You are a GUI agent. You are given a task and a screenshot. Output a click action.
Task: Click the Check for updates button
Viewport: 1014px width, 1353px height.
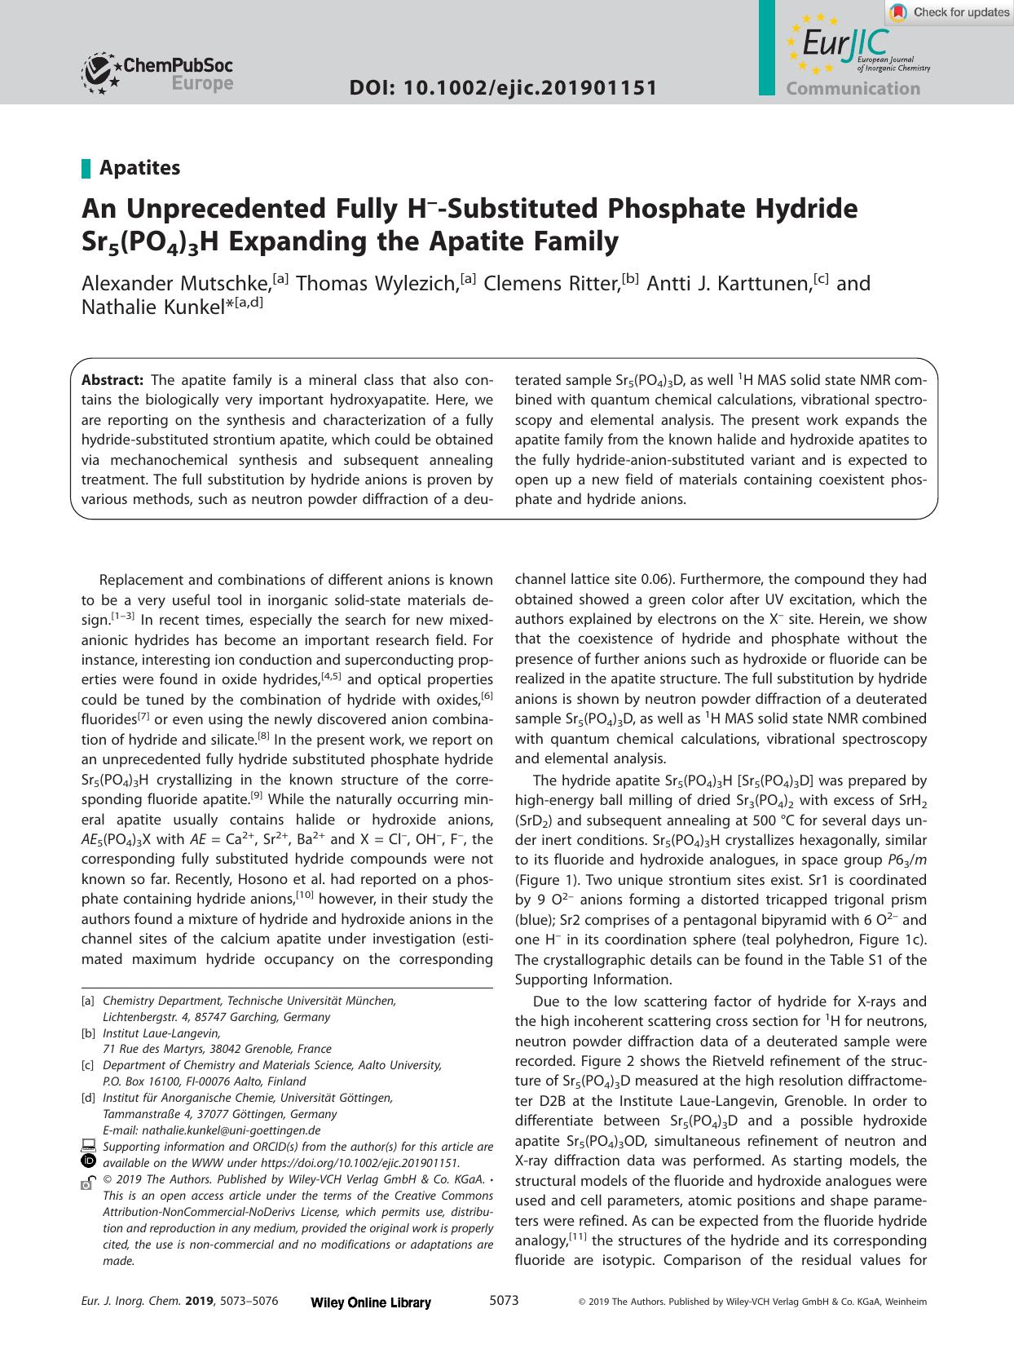(950, 12)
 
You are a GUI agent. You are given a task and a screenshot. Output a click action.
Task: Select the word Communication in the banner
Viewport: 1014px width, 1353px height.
(853, 89)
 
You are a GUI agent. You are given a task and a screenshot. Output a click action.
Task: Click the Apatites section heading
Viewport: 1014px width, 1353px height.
(139, 168)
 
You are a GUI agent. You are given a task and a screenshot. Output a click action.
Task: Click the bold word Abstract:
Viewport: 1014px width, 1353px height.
(112, 380)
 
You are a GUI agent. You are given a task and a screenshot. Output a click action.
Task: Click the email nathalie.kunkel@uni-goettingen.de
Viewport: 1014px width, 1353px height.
(211, 1130)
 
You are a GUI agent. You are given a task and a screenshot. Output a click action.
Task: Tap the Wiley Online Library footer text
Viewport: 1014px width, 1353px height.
(371, 1302)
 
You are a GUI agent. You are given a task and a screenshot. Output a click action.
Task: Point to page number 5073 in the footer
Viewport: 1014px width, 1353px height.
(504, 1301)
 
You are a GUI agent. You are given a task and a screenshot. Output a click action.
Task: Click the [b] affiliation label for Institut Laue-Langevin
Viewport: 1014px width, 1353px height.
(88, 1033)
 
